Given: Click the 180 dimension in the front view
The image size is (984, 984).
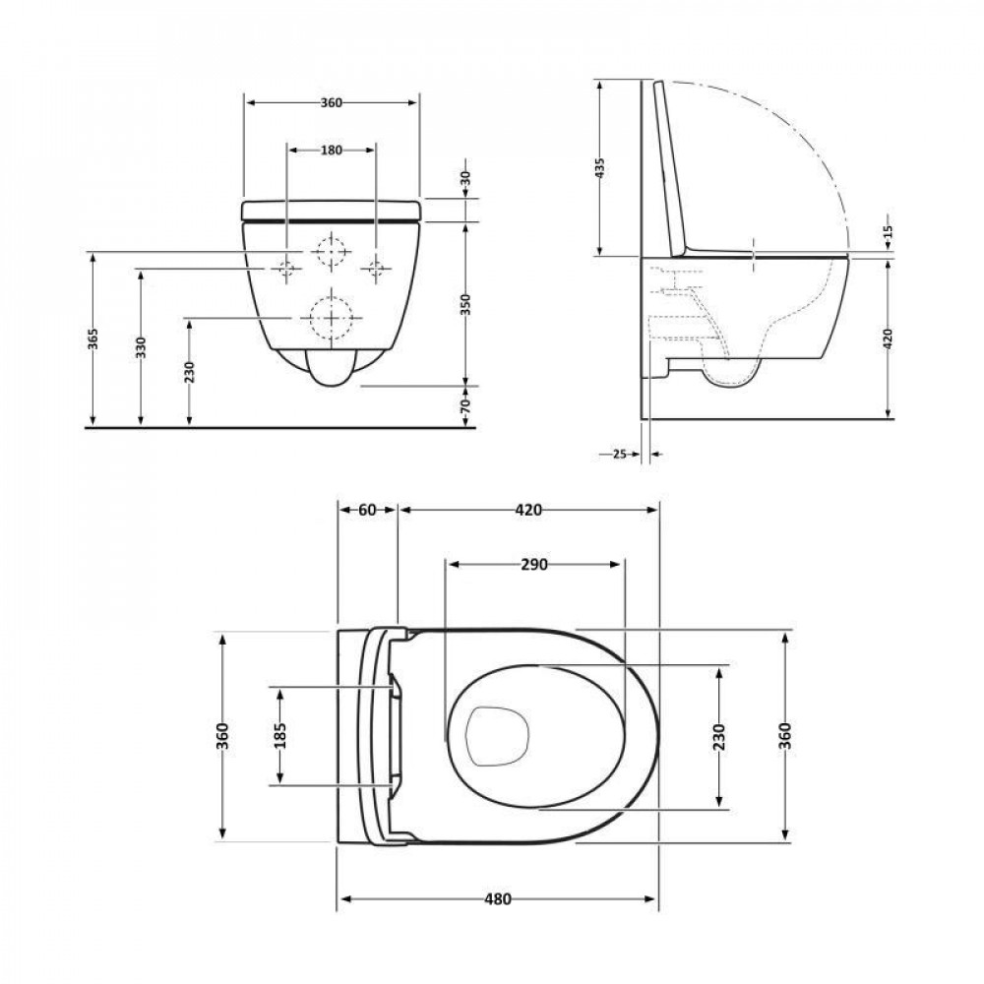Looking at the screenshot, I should tap(331, 151).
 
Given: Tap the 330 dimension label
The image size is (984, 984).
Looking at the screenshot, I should tap(142, 349).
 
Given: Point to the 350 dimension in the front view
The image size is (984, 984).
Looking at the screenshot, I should tap(465, 305).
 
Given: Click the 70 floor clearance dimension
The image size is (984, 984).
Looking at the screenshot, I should tap(465, 405).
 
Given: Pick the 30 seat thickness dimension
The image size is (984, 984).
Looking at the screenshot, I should tap(465, 179).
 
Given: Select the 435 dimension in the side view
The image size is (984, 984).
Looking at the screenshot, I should tap(600, 168).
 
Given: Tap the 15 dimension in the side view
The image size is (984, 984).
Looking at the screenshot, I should tap(888, 232).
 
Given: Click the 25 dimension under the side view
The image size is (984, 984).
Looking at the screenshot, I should tap(619, 454).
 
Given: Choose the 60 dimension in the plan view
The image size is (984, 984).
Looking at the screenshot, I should tap(367, 510).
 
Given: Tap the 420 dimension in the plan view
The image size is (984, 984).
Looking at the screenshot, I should tap(527, 510).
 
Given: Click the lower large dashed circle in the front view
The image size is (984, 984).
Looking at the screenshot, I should tap(332, 318).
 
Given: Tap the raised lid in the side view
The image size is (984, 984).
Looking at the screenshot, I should tap(671, 167).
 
